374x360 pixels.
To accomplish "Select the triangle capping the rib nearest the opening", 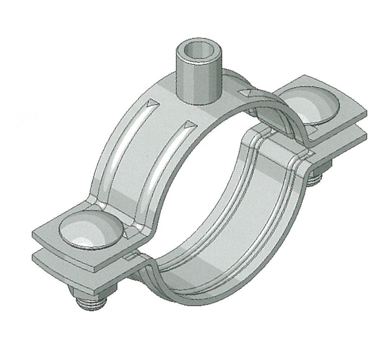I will (x=189, y=126).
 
